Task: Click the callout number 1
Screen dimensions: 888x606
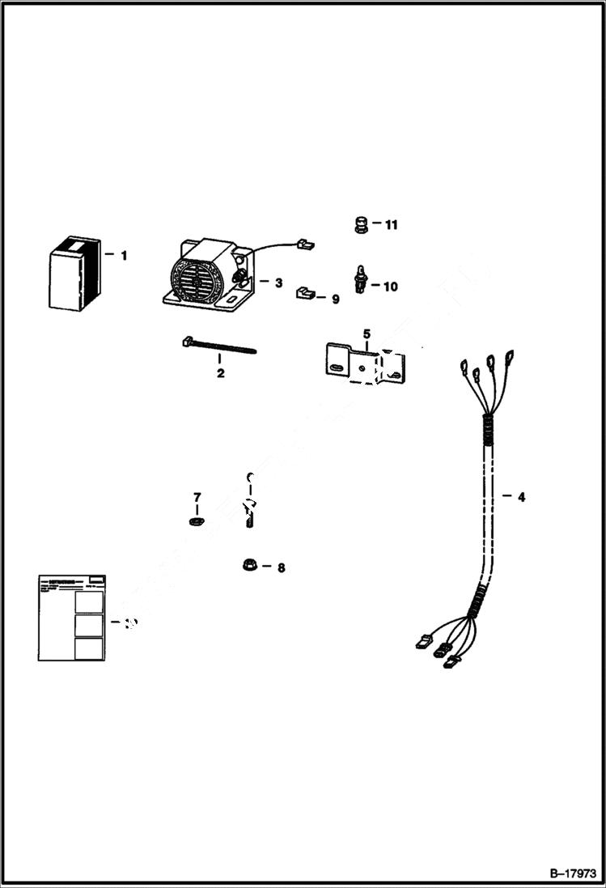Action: (x=124, y=256)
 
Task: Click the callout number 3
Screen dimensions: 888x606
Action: (x=278, y=283)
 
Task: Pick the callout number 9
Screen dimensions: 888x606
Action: (x=335, y=299)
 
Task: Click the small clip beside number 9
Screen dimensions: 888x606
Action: (x=304, y=290)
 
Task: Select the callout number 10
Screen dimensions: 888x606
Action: (x=391, y=287)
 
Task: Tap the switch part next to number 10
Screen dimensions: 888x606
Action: (x=359, y=278)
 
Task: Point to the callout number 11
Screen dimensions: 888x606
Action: (x=392, y=225)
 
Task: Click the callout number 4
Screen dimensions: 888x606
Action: (x=521, y=497)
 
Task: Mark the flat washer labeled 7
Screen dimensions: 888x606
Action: (x=195, y=522)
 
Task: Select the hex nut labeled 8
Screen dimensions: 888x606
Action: (x=250, y=564)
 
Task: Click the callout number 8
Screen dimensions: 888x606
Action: (x=281, y=568)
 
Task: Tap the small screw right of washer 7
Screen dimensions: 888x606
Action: (x=250, y=514)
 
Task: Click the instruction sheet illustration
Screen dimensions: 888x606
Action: (x=71, y=617)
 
